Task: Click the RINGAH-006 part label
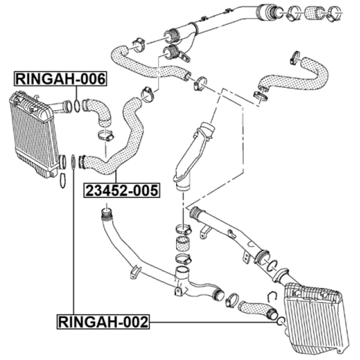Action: coord(60,79)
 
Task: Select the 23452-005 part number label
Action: coord(121,190)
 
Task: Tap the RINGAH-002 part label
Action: coord(103,322)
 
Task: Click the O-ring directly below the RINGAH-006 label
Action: coord(78,106)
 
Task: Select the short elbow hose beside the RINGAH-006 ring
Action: coord(97,111)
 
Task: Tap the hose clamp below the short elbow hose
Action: coord(106,136)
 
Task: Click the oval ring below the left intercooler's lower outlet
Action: coord(62,181)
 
